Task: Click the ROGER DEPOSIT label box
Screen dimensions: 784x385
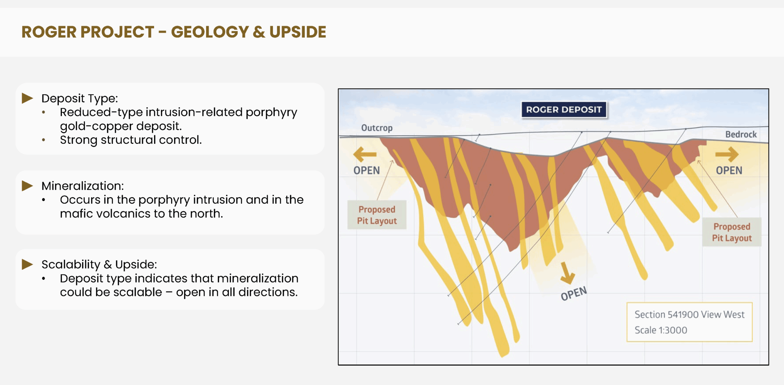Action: pyautogui.click(x=564, y=109)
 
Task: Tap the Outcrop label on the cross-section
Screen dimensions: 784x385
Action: pyautogui.click(x=377, y=128)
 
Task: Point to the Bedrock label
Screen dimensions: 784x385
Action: pyautogui.click(x=741, y=134)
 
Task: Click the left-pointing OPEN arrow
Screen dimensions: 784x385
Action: pyautogui.click(x=365, y=154)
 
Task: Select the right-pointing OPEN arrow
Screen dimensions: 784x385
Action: pyautogui.click(x=727, y=154)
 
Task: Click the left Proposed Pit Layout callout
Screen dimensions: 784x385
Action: pyautogui.click(x=377, y=215)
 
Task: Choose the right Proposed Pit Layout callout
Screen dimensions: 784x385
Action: pyautogui.click(x=732, y=232)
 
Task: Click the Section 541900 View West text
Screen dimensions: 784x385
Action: pyautogui.click(x=689, y=314)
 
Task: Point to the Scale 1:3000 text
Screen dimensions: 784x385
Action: pyautogui.click(x=661, y=330)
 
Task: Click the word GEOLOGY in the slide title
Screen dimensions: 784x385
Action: pyautogui.click(x=210, y=32)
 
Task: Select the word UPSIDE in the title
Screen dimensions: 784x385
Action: pyautogui.click(x=298, y=32)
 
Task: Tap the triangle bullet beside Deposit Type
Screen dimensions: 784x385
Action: pyautogui.click(x=27, y=98)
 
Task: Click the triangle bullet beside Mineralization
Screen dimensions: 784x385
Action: pyautogui.click(x=27, y=186)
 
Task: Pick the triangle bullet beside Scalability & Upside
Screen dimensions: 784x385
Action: pyautogui.click(x=27, y=264)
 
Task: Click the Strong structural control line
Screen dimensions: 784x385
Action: pyautogui.click(x=131, y=140)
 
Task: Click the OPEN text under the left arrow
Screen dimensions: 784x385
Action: pyautogui.click(x=367, y=170)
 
